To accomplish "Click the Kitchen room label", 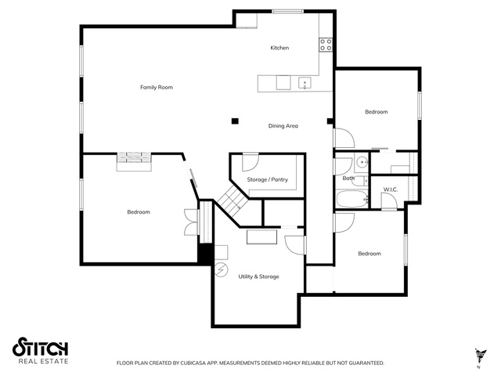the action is [279, 48].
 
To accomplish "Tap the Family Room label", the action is [157, 87].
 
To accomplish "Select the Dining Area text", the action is [283, 125].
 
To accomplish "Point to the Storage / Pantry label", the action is [268, 179].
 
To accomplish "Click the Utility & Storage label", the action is [258, 277].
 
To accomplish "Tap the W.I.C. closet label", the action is [391, 190].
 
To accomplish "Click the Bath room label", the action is [348, 178].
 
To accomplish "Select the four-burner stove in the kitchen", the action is [326, 45].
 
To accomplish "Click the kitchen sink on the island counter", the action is [305, 83].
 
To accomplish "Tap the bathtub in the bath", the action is [352, 199].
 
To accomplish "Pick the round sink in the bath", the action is [362, 162].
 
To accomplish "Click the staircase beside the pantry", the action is [232, 198].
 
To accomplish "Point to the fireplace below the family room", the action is [134, 161].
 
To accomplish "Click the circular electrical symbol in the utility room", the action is [221, 270].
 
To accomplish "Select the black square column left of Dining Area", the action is [235, 121].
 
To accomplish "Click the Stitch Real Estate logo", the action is [40, 350].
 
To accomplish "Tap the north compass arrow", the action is [480, 356].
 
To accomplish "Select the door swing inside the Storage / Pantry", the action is [250, 163].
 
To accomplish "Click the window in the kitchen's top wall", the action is [287, 12].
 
